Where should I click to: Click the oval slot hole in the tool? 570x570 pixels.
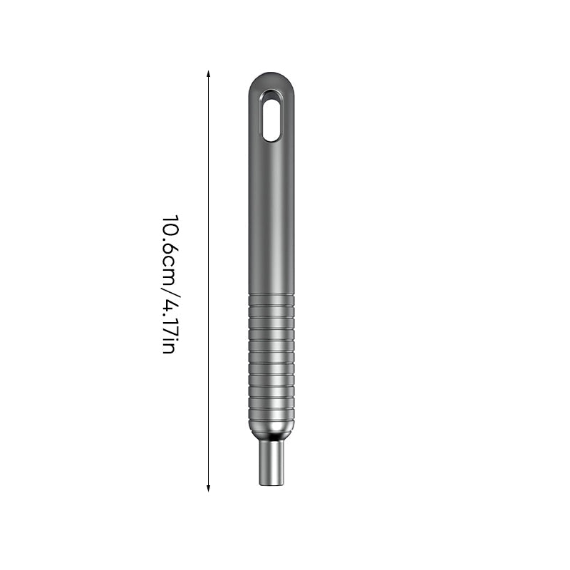271,115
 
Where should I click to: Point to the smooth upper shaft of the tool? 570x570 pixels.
271,214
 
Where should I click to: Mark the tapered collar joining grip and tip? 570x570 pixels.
271,432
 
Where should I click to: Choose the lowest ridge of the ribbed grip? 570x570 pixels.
271,419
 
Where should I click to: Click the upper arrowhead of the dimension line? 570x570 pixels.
208,73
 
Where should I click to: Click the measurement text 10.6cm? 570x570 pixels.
169,247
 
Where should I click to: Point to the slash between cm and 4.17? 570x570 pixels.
169,288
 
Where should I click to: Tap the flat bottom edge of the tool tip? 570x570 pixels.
271,484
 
